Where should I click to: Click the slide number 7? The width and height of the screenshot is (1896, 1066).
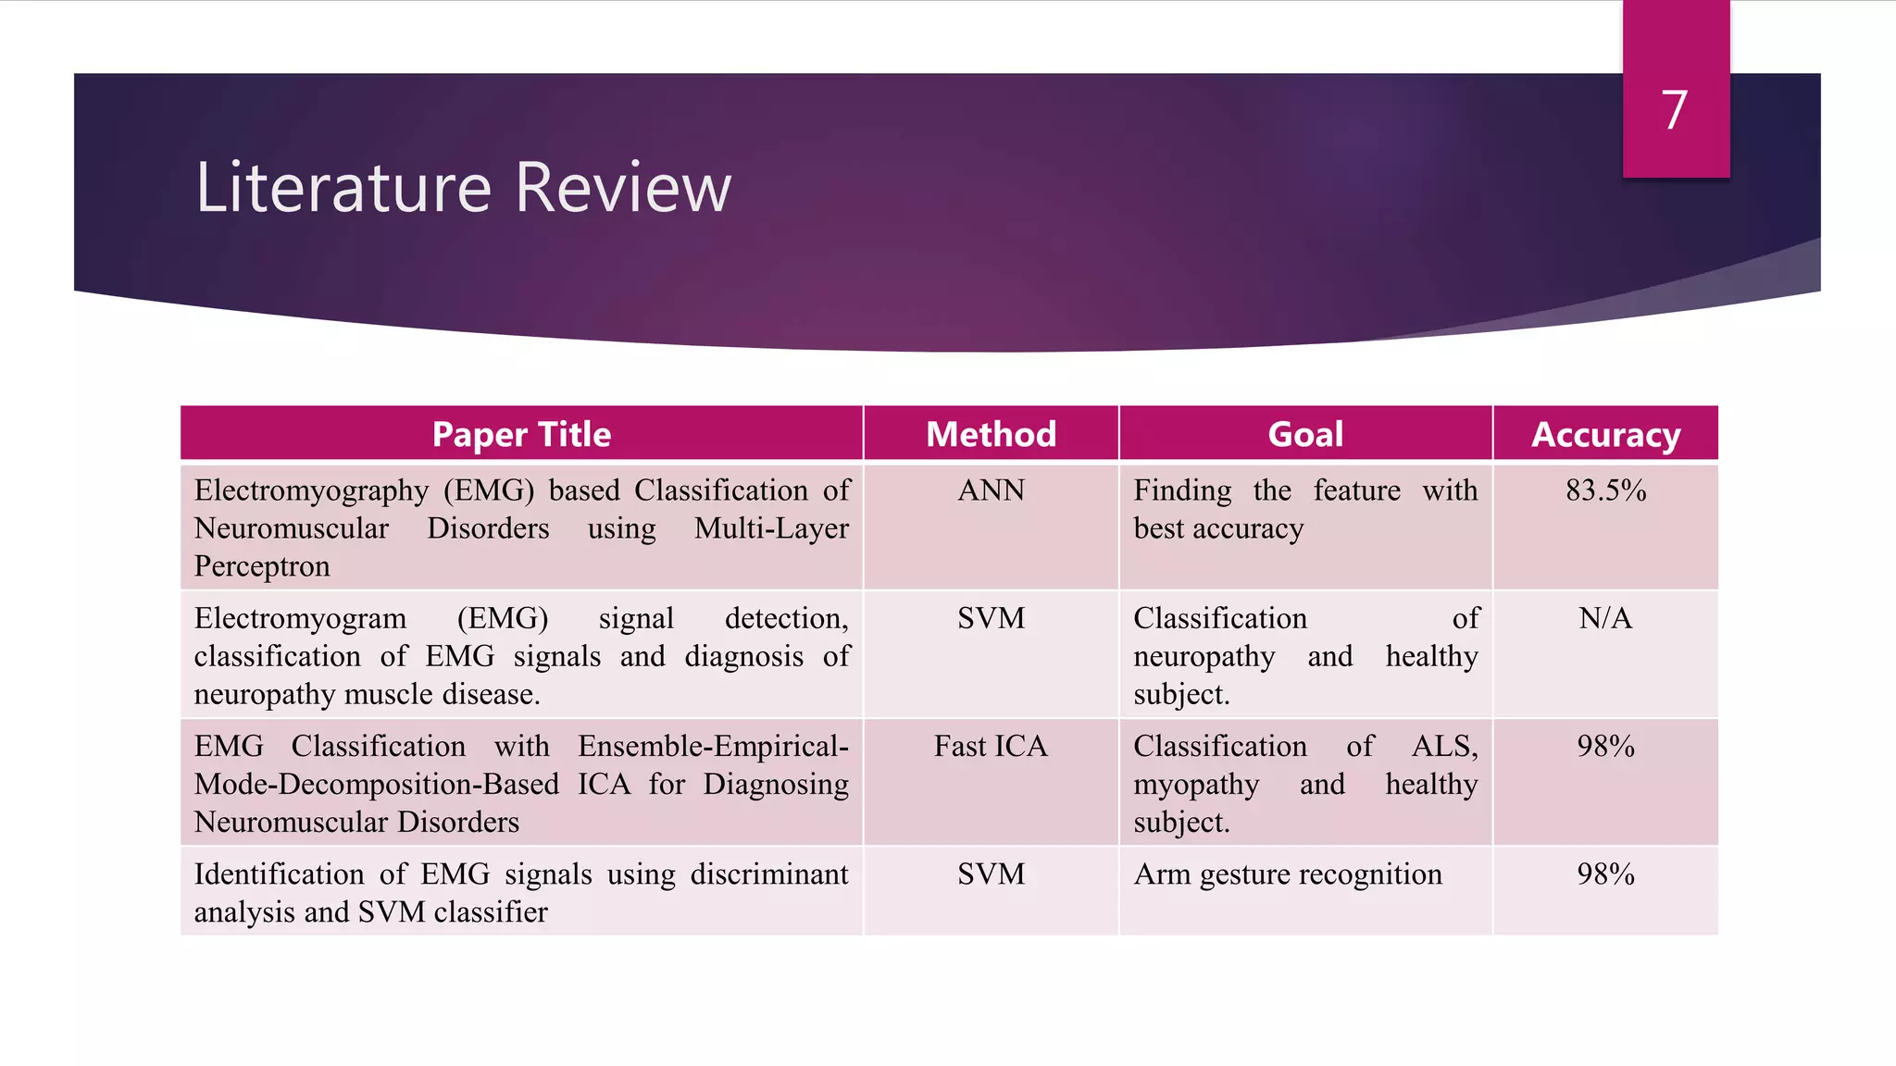[1674, 110]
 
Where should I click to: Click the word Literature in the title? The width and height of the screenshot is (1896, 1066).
[343, 188]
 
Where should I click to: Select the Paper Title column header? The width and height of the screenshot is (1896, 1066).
[521, 434]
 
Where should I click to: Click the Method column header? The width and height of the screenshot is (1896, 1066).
[991, 434]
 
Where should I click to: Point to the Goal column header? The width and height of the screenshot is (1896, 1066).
[1305, 434]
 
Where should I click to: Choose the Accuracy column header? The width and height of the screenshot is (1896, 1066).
[1605, 434]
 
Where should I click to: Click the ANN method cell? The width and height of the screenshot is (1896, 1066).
[991, 490]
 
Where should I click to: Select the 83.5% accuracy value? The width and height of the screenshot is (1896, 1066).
[1605, 490]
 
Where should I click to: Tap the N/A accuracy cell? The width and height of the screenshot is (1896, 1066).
[1605, 618]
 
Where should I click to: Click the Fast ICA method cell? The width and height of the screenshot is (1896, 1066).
[991, 746]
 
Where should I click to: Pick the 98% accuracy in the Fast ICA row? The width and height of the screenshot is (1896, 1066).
[1605, 746]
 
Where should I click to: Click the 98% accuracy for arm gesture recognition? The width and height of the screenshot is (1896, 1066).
[1605, 874]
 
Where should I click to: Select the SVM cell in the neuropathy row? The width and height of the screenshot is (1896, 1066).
[991, 618]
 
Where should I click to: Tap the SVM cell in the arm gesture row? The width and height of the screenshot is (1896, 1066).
[991, 874]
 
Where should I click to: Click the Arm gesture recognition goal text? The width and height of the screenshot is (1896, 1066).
[1287, 874]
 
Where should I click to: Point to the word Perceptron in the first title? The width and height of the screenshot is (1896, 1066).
[262, 566]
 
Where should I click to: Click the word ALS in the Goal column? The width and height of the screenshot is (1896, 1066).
[1444, 746]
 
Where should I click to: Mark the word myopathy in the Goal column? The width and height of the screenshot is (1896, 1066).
[1196, 785]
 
